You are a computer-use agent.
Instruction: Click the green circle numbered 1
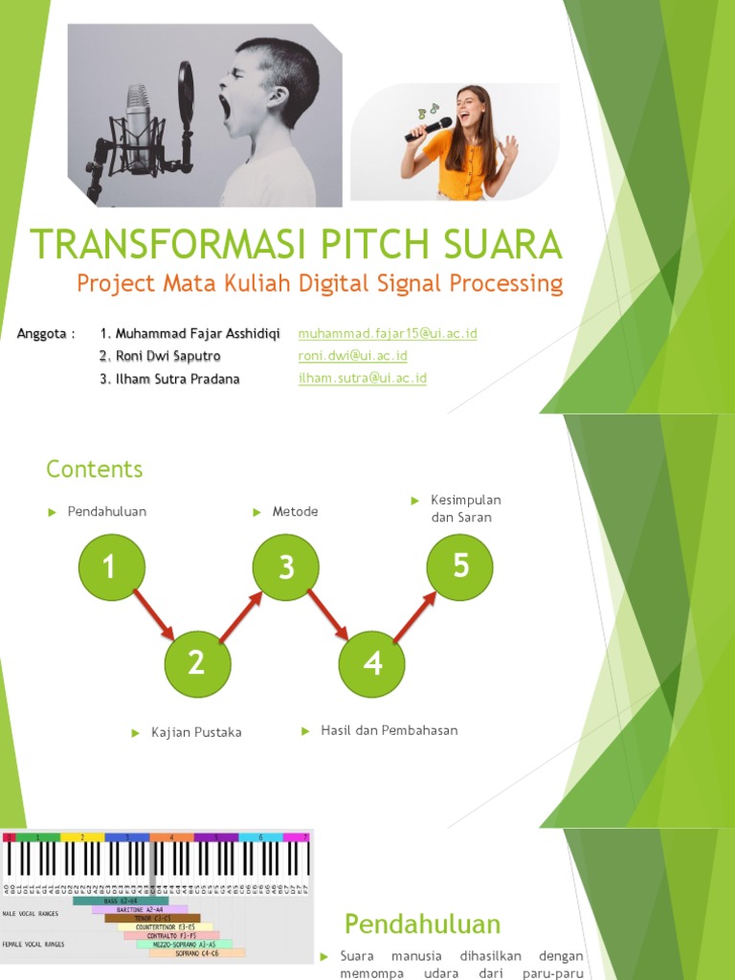tap(109, 568)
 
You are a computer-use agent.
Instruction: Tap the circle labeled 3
tap(286, 568)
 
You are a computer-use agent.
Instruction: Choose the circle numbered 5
tap(460, 567)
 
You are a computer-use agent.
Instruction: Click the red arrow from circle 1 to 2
tap(153, 614)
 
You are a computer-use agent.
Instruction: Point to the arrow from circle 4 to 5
tap(417, 614)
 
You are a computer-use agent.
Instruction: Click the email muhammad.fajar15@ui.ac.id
tap(388, 333)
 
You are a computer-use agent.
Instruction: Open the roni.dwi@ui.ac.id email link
tap(353, 356)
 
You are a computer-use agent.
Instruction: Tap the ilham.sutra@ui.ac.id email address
tap(363, 378)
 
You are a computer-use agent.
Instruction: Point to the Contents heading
tap(95, 469)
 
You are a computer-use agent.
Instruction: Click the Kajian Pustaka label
tap(196, 732)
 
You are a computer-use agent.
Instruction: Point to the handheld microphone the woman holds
tap(429, 129)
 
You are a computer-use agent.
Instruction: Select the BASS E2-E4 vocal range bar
tap(121, 901)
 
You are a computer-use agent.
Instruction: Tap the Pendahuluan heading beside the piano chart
tap(422, 924)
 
